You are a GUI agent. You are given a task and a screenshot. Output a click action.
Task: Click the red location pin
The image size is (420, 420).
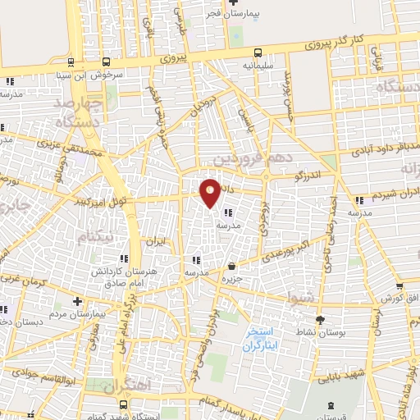210,192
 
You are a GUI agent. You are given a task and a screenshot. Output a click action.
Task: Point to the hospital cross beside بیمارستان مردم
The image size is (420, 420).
77,301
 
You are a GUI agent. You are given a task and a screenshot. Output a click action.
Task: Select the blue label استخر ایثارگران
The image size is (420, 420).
262,340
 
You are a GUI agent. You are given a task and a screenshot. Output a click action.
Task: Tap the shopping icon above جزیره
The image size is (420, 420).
234,266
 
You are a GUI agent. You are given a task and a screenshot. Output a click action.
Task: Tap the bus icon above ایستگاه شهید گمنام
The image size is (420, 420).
123,405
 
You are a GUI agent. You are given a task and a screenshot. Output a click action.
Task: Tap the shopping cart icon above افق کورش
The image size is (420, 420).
399,287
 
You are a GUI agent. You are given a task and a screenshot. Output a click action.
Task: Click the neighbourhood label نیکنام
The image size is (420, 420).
93,237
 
